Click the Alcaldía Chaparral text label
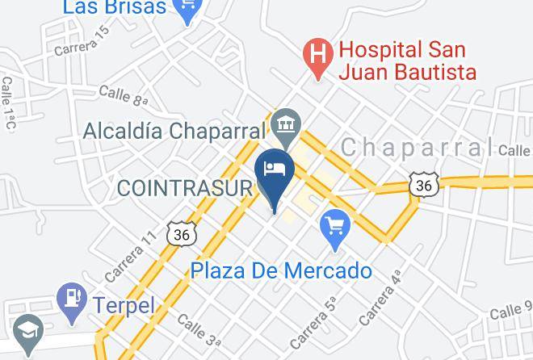(174, 131)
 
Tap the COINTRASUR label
(186, 188)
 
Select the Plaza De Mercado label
(282, 270)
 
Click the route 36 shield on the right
(424, 186)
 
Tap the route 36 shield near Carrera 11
(181, 234)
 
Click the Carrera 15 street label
(82, 41)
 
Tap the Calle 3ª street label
(198, 330)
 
